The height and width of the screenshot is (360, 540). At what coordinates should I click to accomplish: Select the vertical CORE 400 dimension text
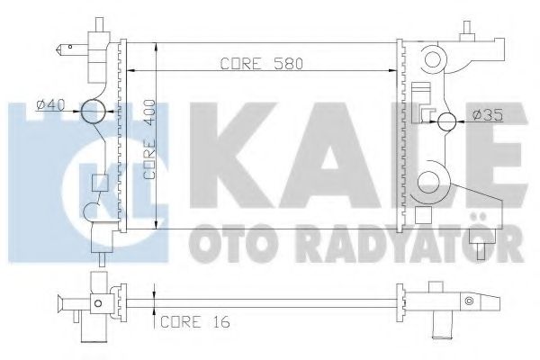coord(149,138)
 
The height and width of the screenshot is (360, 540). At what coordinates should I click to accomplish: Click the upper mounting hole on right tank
coord(436,60)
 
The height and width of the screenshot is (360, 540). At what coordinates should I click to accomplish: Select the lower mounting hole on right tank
coord(433,178)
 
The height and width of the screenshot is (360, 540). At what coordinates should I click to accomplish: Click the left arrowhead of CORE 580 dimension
coord(135,71)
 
